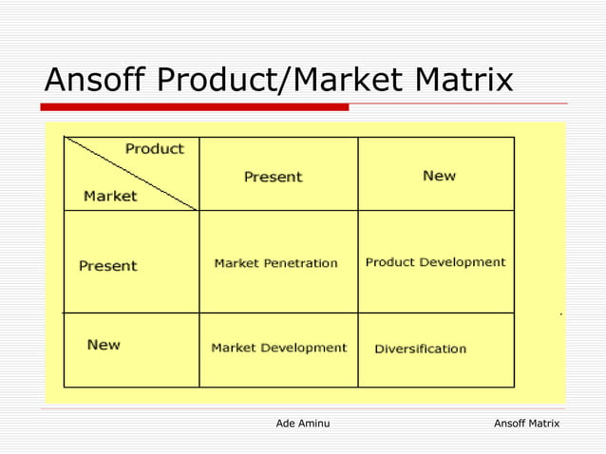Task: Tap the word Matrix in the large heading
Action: click(x=457, y=81)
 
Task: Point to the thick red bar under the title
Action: click(x=196, y=107)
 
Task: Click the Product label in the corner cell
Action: click(x=155, y=149)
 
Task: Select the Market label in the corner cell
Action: click(x=110, y=197)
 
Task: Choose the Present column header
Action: click(x=273, y=177)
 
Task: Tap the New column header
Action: click(x=439, y=176)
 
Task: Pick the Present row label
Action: click(x=107, y=266)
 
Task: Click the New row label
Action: click(x=104, y=345)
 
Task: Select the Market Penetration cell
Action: click(x=275, y=263)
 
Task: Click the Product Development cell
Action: click(x=435, y=262)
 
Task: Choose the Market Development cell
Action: click(x=278, y=348)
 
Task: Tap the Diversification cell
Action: click(x=420, y=349)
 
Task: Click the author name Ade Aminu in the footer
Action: click(x=302, y=423)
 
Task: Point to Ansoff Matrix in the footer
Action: click(x=526, y=423)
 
